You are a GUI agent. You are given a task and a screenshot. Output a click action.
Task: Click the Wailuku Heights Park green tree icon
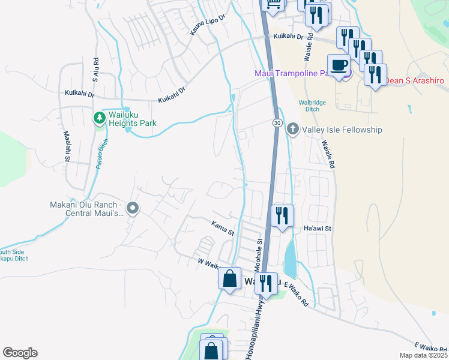pyautogui.click(x=99, y=118)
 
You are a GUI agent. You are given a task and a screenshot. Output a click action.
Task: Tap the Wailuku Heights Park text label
pyautogui.click(x=132, y=119)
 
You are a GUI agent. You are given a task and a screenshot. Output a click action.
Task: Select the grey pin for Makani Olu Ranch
pyautogui.click(x=133, y=209)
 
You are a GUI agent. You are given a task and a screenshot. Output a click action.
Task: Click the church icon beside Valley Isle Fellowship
pyautogui.click(x=293, y=129)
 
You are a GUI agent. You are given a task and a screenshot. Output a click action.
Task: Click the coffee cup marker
pyautogui.click(x=339, y=65)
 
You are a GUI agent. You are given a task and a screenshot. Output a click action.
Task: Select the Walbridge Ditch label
pyautogui.click(x=312, y=106)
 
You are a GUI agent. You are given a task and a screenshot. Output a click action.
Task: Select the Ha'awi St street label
pyautogui.click(x=318, y=229)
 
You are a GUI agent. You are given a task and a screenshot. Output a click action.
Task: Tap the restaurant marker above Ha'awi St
pyautogui.click(x=282, y=216)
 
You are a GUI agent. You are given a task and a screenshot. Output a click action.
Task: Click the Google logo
pyautogui.click(x=20, y=353)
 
